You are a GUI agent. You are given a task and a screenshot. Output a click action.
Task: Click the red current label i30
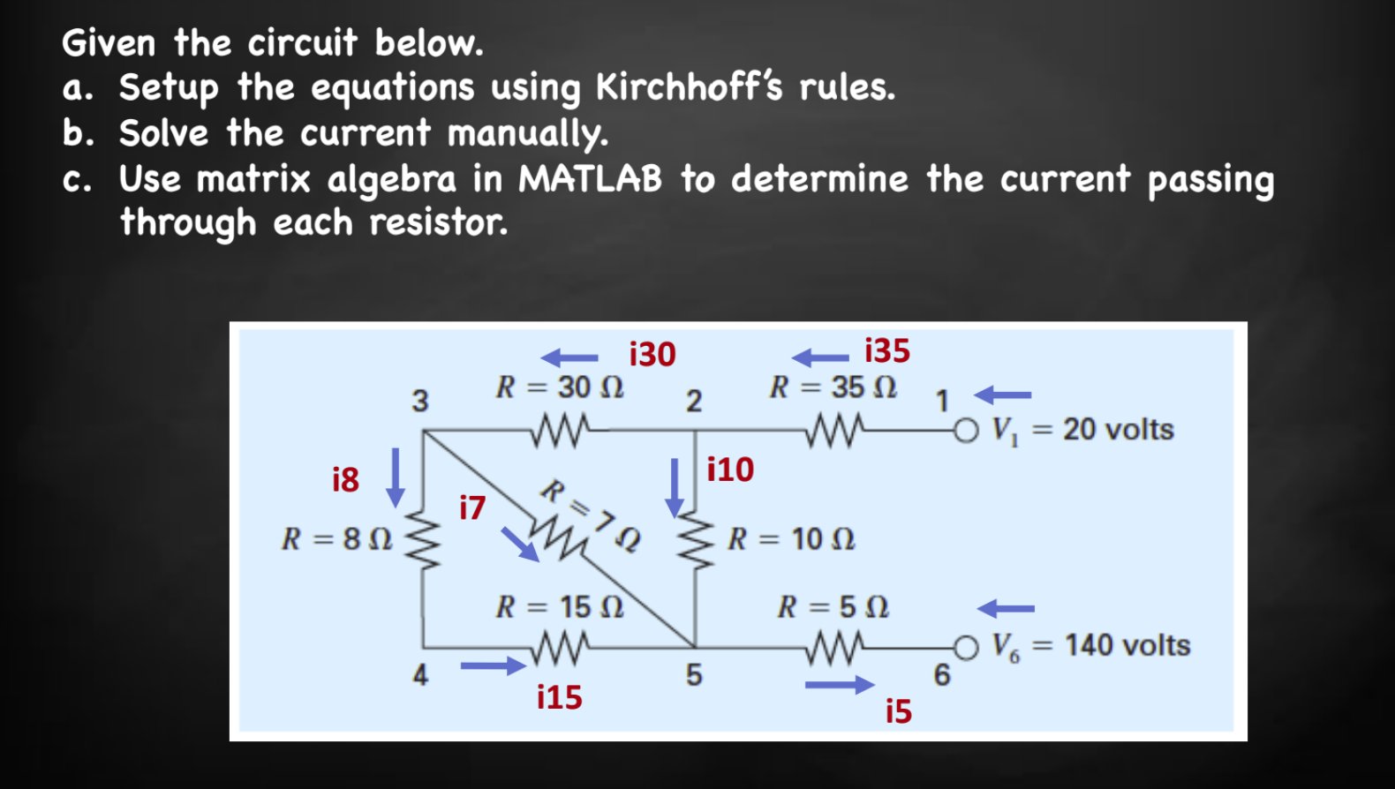tap(652, 354)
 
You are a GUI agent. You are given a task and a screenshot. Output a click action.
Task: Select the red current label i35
tap(886, 350)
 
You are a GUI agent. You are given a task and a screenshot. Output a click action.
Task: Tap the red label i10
tap(730, 470)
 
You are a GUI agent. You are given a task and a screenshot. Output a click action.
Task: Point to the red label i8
tap(345, 479)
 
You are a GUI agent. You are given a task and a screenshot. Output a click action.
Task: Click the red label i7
tap(472, 507)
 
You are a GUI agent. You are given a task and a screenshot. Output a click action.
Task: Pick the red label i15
tap(560, 697)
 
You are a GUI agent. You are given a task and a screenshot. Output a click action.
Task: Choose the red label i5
tap(899, 711)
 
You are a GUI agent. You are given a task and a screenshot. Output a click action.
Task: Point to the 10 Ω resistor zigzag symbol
tap(697, 538)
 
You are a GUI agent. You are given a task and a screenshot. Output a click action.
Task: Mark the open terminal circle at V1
tap(967, 431)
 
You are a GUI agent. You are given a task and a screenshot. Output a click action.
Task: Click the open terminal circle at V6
tap(967, 648)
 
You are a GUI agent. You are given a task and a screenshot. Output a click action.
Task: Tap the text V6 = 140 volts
tap(1090, 646)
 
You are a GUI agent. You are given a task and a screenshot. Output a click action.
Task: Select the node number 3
tap(420, 401)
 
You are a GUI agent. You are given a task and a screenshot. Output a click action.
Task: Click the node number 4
tap(420, 675)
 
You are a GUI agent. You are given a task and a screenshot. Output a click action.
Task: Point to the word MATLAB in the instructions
tap(590, 179)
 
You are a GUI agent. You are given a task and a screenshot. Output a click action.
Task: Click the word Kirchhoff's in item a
tap(689, 87)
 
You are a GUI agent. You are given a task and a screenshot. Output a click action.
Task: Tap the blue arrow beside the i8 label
tap(396, 477)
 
